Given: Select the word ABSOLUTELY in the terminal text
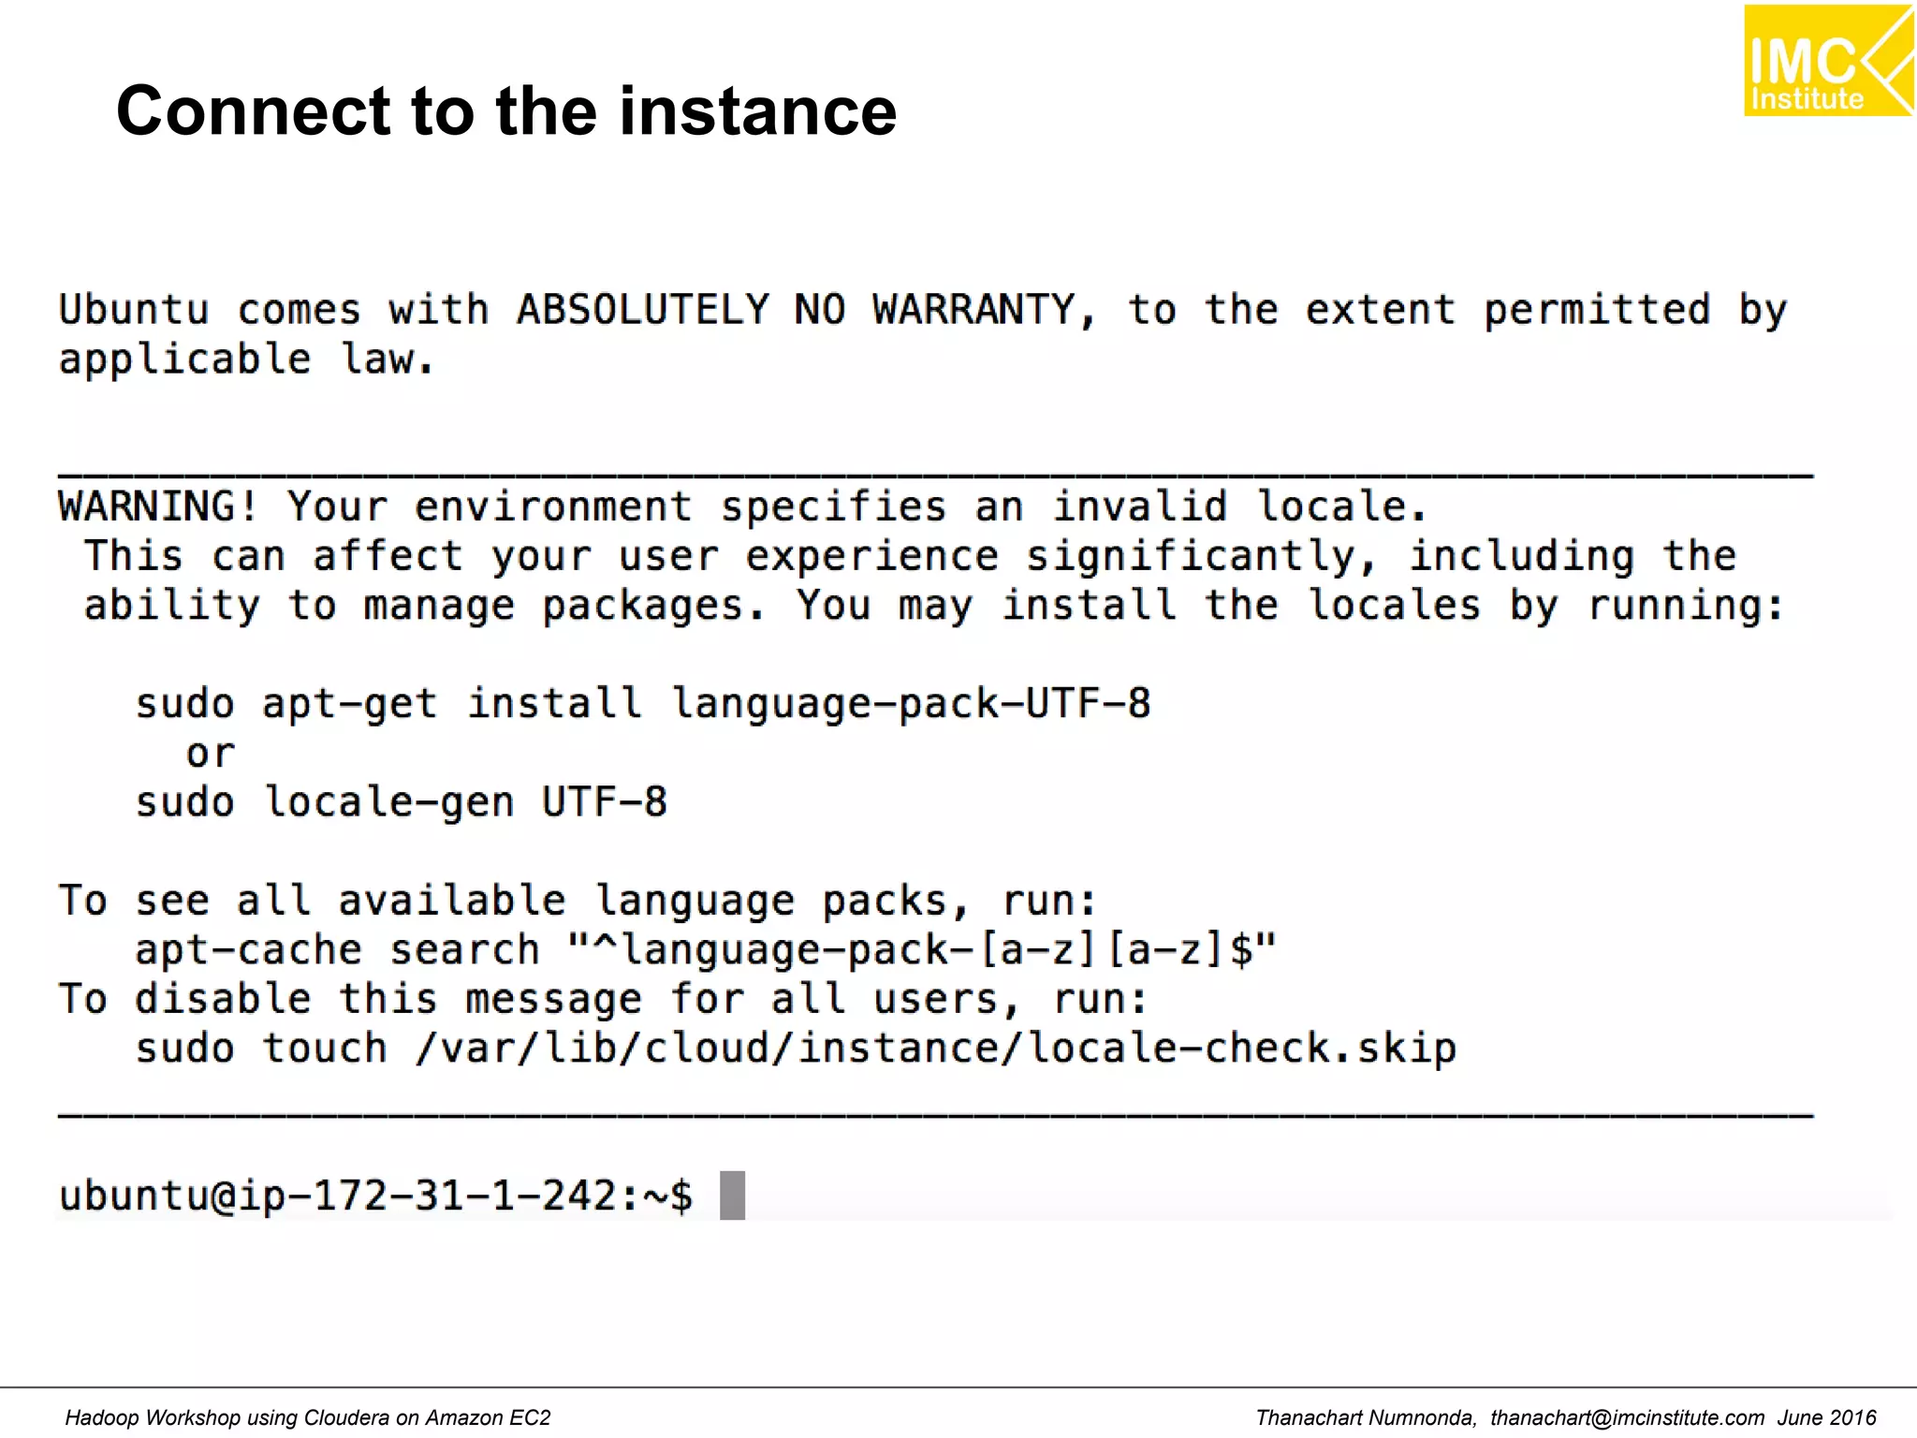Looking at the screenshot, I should click(x=642, y=310).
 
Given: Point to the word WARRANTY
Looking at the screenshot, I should click(x=973, y=310).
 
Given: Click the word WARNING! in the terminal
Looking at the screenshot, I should click(x=157, y=507).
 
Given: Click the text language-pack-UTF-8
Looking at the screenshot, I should click(x=911, y=704).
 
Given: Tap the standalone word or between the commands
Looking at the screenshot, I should click(x=210, y=754).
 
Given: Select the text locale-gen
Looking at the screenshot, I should click(x=388, y=803).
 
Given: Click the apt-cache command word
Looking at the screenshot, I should click(x=248, y=951).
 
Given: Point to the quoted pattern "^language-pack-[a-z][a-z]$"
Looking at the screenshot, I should click(x=921, y=951).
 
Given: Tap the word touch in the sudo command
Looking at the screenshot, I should click(x=324, y=1049).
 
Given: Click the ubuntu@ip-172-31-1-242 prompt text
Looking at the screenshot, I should click(x=336, y=1196).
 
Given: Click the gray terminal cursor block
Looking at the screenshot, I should click(x=732, y=1196).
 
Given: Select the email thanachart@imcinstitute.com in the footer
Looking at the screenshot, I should click(x=1627, y=1418).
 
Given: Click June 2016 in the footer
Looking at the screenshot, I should click(x=1826, y=1418).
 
